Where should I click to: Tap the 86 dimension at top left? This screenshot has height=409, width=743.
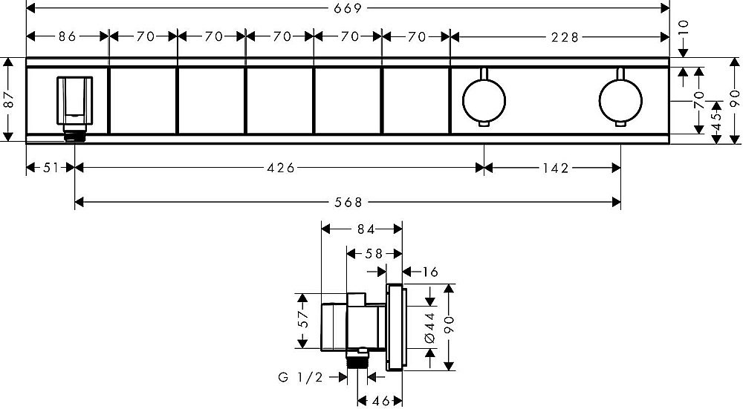pyautogui.click(x=68, y=36)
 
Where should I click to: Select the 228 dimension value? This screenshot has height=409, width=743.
pyautogui.click(x=565, y=37)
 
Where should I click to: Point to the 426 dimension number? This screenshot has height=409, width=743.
pyautogui.click(x=281, y=168)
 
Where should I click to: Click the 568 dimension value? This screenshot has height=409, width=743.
pyautogui.click(x=348, y=203)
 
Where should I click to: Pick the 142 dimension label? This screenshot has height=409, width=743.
pyautogui.click(x=555, y=168)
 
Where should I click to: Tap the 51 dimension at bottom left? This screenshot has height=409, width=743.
pyautogui.click(x=51, y=168)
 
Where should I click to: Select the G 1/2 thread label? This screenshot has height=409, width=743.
pyautogui.click(x=300, y=377)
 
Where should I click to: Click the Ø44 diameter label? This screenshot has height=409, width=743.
pyautogui.click(x=429, y=327)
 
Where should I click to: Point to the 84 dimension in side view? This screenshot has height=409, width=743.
pyautogui.click(x=366, y=229)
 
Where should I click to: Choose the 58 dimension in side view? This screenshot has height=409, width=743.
pyautogui.click(x=374, y=254)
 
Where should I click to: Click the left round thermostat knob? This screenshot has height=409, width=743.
pyautogui.click(x=484, y=100)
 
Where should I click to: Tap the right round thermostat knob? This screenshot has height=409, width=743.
pyautogui.click(x=620, y=100)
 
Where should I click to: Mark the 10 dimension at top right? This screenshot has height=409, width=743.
pyautogui.click(x=684, y=30)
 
